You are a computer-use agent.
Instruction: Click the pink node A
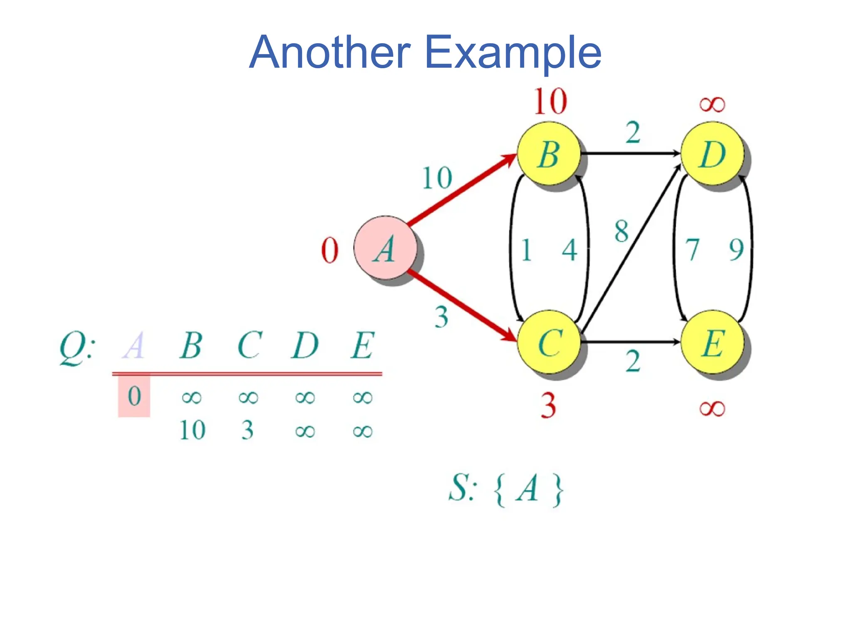click(x=385, y=248)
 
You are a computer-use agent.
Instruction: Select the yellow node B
click(x=549, y=154)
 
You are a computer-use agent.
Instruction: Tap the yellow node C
click(x=549, y=342)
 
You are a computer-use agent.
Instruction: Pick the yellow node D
click(x=712, y=154)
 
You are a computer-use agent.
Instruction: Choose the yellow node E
click(x=712, y=342)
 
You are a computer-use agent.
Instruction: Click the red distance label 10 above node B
click(x=550, y=101)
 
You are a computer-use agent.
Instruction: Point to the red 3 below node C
click(x=548, y=406)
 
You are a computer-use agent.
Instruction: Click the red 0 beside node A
click(x=330, y=250)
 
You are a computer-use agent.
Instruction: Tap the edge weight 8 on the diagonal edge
click(x=622, y=231)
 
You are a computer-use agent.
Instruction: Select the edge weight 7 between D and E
click(x=692, y=250)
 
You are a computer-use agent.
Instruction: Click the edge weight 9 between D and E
click(x=736, y=250)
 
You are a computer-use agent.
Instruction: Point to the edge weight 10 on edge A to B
click(x=437, y=178)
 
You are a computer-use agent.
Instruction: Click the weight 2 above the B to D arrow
click(x=633, y=133)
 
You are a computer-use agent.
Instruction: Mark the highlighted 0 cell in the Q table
click(x=134, y=396)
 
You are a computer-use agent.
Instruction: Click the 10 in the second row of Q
click(x=192, y=430)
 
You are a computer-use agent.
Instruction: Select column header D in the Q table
click(x=305, y=345)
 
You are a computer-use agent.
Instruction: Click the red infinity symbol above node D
click(x=712, y=104)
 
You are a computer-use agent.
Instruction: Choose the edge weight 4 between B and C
click(x=570, y=250)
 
